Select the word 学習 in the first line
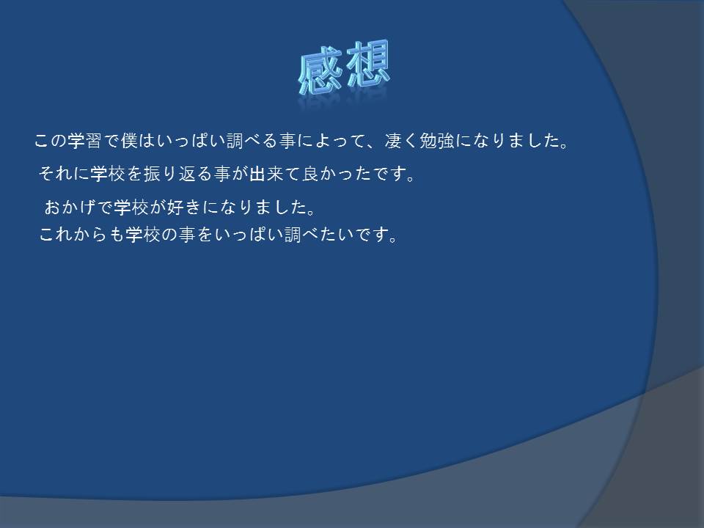click(85, 141)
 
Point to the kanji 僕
click(129, 141)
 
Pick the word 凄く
click(401, 141)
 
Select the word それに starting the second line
click(64, 173)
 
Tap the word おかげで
click(78, 207)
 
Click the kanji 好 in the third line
click(175, 207)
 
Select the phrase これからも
click(81, 235)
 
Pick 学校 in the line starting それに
click(107, 173)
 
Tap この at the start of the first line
click(51, 141)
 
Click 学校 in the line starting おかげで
click(131, 207)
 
